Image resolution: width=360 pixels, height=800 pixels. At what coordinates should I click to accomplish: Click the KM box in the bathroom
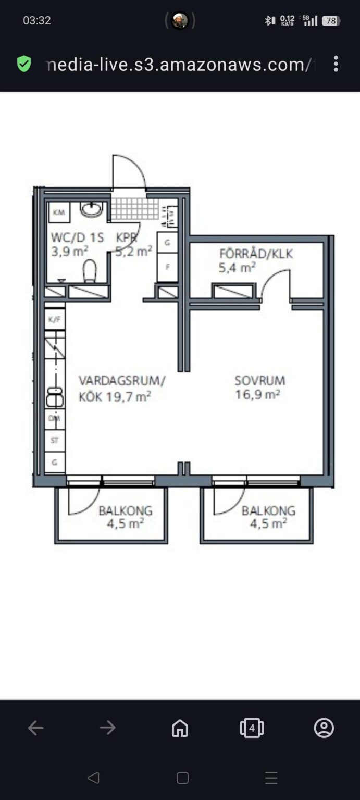[59, 212]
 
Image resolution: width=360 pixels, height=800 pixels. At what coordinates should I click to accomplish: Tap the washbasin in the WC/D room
[91, 209]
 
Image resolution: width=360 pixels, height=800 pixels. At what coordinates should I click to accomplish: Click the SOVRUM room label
[259, 380]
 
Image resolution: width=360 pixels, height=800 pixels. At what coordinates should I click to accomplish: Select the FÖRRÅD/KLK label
[256, 254]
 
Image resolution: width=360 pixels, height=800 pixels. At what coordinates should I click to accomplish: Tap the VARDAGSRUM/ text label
[122, 380]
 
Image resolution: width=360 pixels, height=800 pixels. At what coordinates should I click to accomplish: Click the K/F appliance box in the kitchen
[55, 319]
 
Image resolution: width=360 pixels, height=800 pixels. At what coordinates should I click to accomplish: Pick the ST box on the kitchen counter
[55, 440]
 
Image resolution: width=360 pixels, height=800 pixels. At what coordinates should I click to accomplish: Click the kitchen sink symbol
[55, 397]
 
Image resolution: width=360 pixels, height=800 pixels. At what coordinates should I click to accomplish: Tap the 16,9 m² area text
[257, 394]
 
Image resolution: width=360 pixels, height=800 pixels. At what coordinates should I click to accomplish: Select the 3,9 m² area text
[70, 251]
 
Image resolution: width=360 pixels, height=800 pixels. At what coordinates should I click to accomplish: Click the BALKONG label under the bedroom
[269, 510]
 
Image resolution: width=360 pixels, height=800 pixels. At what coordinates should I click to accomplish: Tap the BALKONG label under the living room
[126, 510]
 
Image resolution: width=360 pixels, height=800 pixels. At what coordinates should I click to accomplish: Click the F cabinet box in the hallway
[168, 267]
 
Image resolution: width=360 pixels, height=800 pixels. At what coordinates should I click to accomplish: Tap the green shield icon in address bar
[24, 64]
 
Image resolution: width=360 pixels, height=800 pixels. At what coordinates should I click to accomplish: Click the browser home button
[180, 728]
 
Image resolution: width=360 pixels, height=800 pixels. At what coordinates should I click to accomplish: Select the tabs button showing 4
[252, 728]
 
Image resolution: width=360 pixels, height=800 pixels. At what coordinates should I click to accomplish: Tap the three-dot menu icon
[336, 64]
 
